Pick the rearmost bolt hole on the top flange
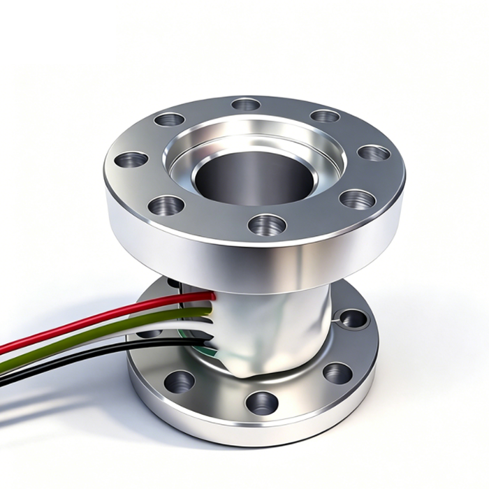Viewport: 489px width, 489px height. (246, 104)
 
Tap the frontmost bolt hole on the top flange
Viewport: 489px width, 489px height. (267, 224)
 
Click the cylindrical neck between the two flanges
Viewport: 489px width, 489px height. (279, 328)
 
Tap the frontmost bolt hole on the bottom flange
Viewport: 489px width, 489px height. (261, 402)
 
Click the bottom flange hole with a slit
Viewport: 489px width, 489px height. (353, 319)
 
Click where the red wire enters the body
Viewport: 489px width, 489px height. (212, 296)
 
